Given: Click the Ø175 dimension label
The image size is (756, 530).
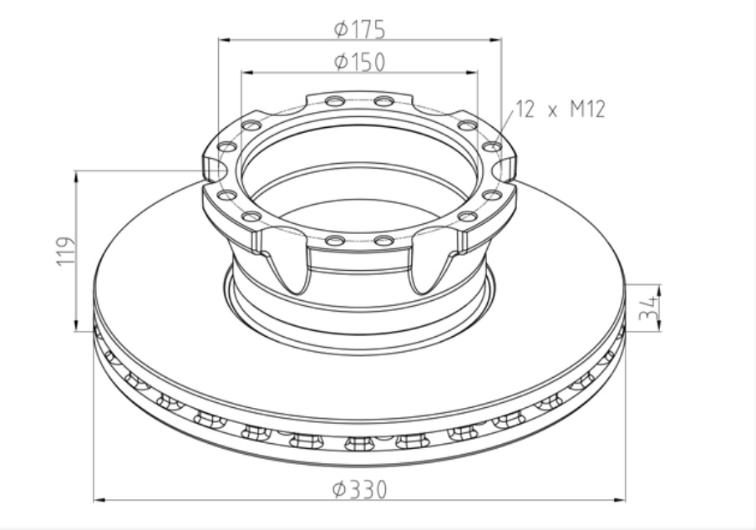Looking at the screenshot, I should click(359, 30).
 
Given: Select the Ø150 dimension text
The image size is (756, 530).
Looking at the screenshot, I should click(359, 63).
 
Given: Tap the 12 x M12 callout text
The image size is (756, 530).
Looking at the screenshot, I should click(559, 110).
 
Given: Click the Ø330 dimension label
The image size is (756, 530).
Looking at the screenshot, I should click(359, 490).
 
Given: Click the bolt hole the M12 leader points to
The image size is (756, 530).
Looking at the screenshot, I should click(493, 147).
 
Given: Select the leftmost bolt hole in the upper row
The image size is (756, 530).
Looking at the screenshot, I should click(226, 147).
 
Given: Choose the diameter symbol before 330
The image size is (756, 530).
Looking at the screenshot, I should click(338, 490).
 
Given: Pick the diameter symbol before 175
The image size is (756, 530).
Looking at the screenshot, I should click(340, 30).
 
